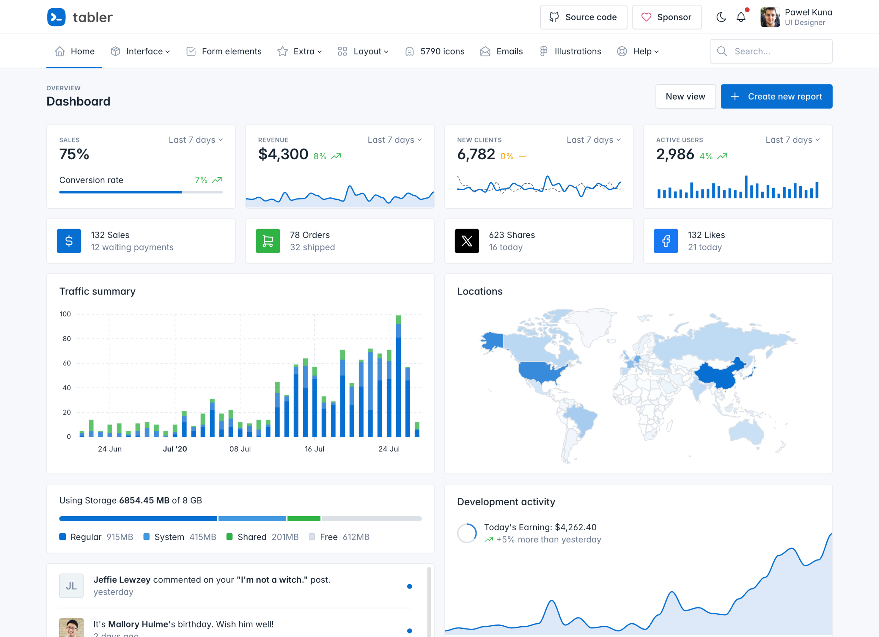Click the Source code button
pos(583,17)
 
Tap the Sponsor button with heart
pos(666,17)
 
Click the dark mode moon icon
pos(721,17)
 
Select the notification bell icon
pos(741,17)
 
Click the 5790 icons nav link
pos(434,51)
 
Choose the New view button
pos(685,96)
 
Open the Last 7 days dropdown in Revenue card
pos(395,140)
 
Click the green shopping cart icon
pos(268,241)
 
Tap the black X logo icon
pos(467,241)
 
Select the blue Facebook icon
pos(665,241)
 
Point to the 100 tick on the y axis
pos(65,314)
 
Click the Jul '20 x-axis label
pos(175,449)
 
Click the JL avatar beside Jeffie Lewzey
pos(71,586)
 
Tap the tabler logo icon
pos(56,17)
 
